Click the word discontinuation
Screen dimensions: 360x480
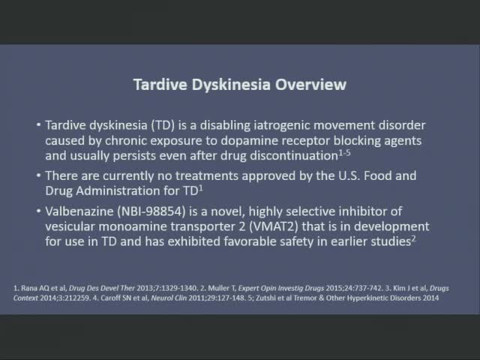click(x=293, y=156)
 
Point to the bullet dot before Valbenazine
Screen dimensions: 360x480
click(x=38, y=211)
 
